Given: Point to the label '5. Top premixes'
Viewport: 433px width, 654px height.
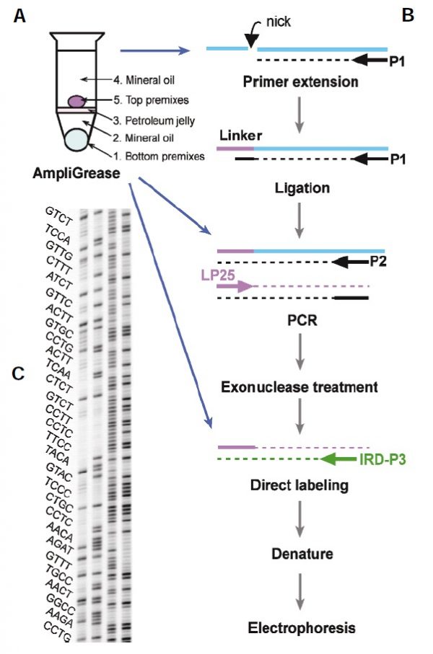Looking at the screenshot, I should (126, 102).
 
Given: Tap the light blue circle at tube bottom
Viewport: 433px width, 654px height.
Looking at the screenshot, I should (76, 139).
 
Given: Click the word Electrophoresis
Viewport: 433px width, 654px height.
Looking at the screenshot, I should (301, 628).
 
